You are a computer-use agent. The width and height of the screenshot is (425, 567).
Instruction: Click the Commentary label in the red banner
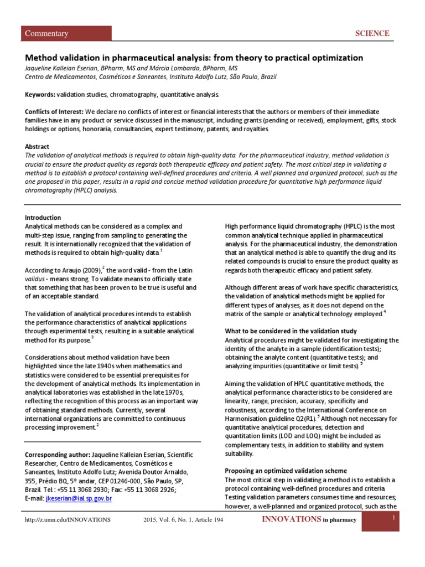pos(47,33)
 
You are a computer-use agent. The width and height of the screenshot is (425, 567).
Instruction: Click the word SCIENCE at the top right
pos(372,33)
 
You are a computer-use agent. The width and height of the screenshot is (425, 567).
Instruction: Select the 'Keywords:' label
pos(42,95)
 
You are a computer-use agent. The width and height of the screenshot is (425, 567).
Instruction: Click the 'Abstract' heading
pos(37,147)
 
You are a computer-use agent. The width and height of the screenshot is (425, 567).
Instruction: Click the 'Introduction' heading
pos(43,218)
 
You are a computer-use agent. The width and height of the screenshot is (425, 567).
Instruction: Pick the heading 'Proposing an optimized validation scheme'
pos(286,471)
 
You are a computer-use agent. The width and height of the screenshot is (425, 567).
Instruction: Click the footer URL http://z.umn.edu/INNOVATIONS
pos(68,520)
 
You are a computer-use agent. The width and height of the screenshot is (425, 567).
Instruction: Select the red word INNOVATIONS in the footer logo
pos(291,519)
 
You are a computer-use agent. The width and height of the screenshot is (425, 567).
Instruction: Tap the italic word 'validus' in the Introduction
pos(37,279)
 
